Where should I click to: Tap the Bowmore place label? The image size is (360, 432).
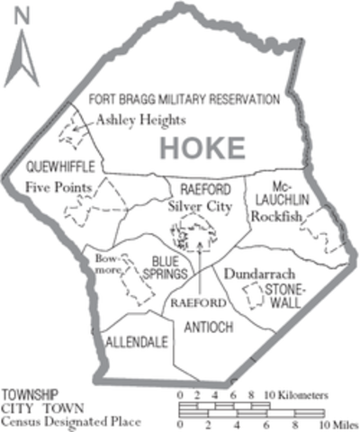click(x=107, y=263)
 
